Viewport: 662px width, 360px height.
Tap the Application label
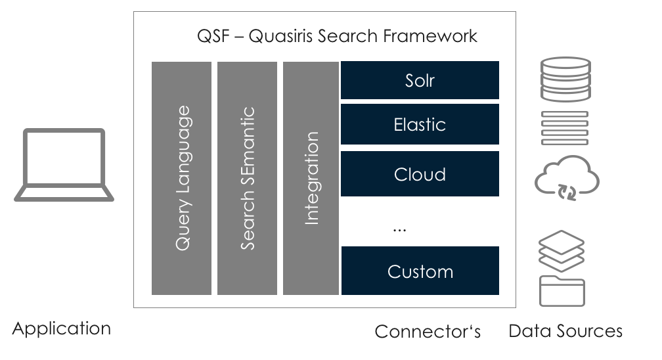click(61, 328)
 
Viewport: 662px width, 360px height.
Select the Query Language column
click(182, 178)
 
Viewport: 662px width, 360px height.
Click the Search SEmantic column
click(247, 178)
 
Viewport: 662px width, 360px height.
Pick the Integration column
click(311, 178)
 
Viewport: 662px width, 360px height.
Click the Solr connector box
click(420, 81)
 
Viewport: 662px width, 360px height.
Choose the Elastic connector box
click(420, 124)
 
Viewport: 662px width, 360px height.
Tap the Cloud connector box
click(420, 174)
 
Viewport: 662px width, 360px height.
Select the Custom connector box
click(420, 271)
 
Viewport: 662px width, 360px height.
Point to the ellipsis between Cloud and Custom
click(399, 229)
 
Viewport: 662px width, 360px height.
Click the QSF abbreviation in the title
click(211, 35)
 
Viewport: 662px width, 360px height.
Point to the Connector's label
click(428, 331)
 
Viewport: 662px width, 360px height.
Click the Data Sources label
click(565, 330)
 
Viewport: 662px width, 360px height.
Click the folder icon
click(562, 291)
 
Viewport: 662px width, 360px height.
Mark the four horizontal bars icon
click(564, 127)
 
